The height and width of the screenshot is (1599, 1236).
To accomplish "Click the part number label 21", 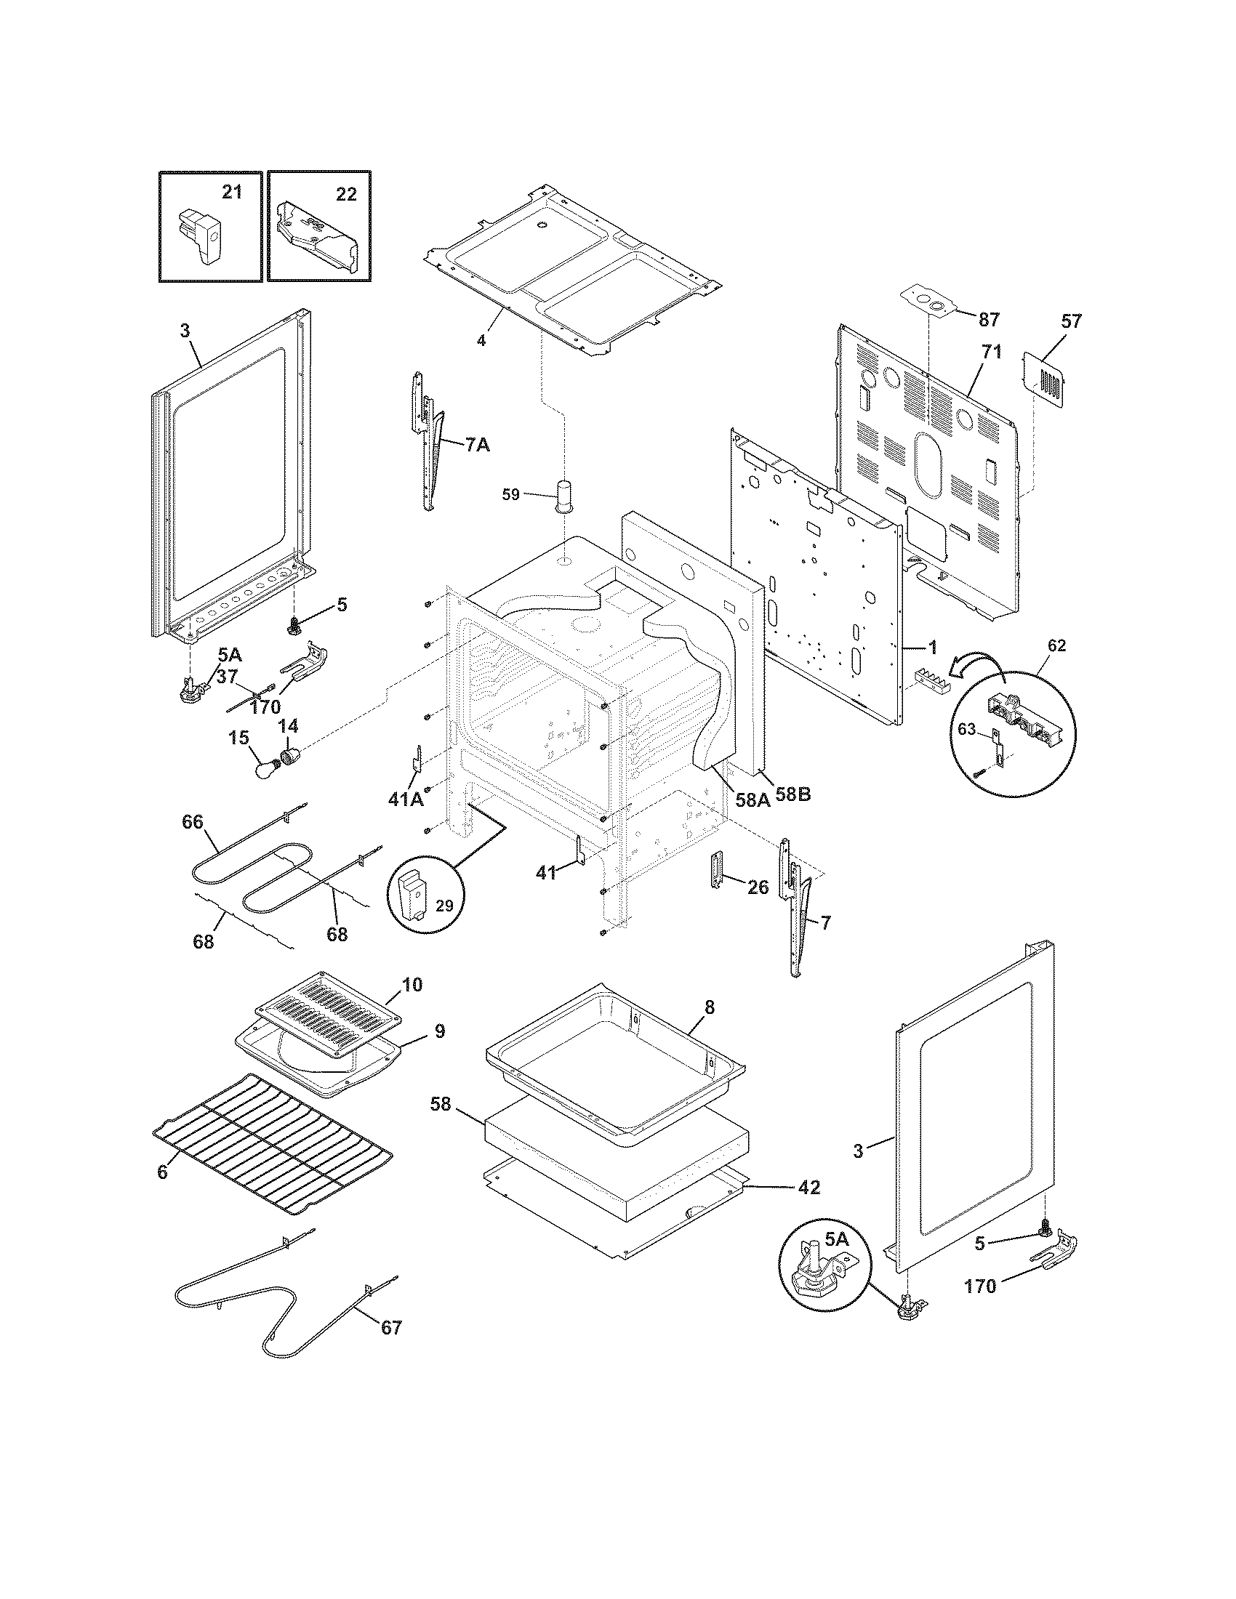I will [231, 193].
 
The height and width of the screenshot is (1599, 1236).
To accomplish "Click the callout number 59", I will [510, 494].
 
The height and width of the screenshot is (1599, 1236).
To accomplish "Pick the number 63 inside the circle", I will [967, 728].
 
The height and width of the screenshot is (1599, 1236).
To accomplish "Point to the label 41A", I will [406, 799].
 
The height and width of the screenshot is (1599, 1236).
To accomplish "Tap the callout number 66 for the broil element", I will [193, 822].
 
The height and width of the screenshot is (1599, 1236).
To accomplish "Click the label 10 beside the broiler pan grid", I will [412, 984].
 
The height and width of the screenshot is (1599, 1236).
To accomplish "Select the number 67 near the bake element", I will [392, 1326].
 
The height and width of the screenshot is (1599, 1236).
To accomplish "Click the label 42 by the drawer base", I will [808, 1187].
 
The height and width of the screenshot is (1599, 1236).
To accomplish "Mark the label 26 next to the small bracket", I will [758, 887].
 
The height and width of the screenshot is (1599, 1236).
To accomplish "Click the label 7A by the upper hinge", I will [477, 444].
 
